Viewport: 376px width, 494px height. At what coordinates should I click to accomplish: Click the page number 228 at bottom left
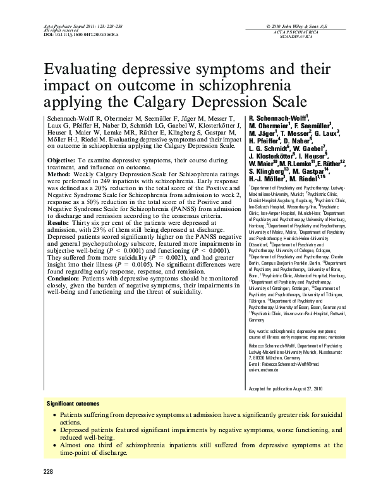pos(48,472)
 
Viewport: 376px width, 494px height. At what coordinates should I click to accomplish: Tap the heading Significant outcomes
pos(73,402)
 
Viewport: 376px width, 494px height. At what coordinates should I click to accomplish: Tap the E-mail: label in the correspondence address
pos(255,364)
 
